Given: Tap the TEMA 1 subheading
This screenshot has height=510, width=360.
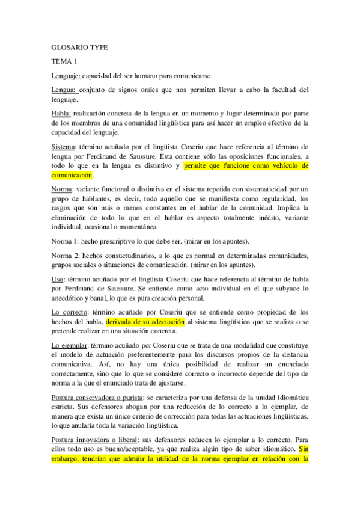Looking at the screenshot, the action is click(x=64, y=61).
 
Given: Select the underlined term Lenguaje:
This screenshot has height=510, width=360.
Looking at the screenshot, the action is click(x=66, y=76).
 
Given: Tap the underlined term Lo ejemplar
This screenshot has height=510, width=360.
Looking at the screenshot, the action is click(x=70, y=345).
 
